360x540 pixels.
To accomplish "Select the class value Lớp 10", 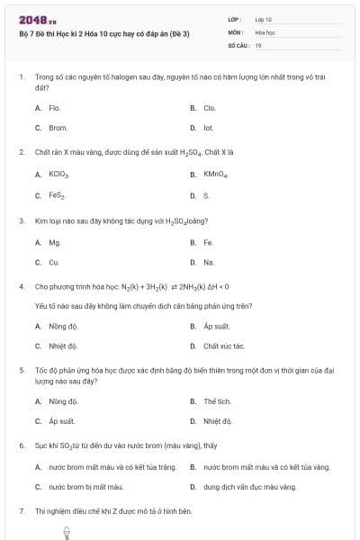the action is (x=264, y=18).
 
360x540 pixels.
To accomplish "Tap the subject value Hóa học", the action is (x=264, y=31).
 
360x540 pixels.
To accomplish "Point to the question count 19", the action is (x=258, y=44).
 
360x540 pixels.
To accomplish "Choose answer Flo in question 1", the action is (x=54, y=107).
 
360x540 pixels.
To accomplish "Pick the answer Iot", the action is (x=208, y=128).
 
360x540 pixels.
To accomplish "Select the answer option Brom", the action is (x=58, y=128).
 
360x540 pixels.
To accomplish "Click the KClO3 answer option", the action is (x=58, y=175).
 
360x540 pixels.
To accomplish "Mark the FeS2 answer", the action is (x=57, y=195).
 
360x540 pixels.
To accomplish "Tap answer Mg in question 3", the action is (x=54, y=242).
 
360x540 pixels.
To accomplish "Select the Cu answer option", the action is (x=54, y=262).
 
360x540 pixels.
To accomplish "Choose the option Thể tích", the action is (x=217, y=400).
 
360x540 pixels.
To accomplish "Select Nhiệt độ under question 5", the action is (x=218, y=420).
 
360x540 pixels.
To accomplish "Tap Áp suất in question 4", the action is (x=217, y=326).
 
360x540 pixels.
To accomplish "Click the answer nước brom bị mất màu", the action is (x=85, y=487).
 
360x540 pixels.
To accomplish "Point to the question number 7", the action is (x=21, y=510).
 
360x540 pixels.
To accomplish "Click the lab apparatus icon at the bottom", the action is (x=67, y=533).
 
